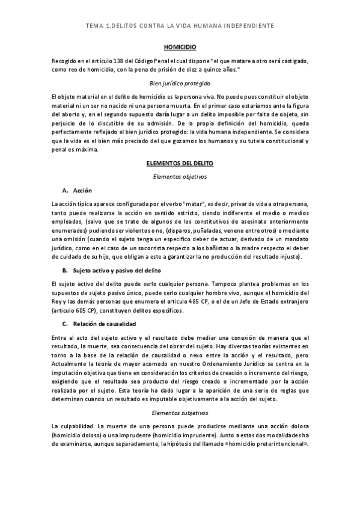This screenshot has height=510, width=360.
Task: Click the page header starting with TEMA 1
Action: tap(180, 26)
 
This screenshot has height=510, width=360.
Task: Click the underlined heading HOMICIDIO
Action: tap(180, 46)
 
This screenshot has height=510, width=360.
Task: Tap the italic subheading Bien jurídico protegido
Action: tap(180, 84)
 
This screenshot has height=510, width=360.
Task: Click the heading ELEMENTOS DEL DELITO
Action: tap(180, 163)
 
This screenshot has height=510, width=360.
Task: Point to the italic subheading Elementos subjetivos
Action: tap(180, 413)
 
